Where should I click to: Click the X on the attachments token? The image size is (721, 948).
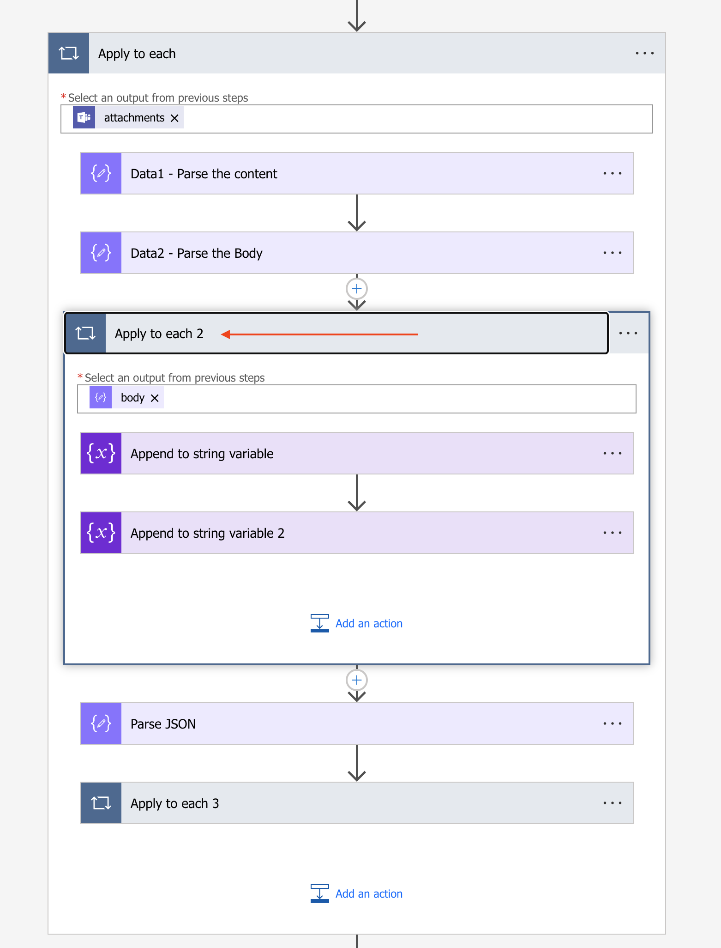(x=174, y=118)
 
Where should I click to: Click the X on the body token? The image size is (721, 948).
(x=155, y=398)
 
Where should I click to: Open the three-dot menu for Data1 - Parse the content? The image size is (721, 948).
(x=612, y=174)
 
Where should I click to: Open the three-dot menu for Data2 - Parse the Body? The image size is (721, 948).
(x=612, y=253)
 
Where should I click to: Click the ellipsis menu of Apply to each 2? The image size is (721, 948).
(x=628, y=333)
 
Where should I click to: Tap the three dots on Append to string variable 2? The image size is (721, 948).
(x=612, y=533)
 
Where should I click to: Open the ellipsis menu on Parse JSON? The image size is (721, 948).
(x=612, y=724)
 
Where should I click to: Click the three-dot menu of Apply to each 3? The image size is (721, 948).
(x=612, y=803)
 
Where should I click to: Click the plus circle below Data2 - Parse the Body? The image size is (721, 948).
(x=357, y=289)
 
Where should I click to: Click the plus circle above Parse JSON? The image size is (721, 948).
(x=357, y=680)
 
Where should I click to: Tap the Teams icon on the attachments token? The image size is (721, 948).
(x=84, y=118)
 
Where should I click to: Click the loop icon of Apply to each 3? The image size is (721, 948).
(x=101, y=803)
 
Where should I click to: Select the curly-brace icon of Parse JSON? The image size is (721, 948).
(x=101, y=724)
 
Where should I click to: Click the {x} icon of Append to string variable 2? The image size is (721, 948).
(x=101, y=533)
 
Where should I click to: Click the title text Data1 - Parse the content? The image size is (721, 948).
(x=204, y=174)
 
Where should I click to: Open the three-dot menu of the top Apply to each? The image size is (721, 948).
(x=644, y=54)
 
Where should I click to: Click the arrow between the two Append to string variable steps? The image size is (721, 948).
(x=357, y=493)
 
